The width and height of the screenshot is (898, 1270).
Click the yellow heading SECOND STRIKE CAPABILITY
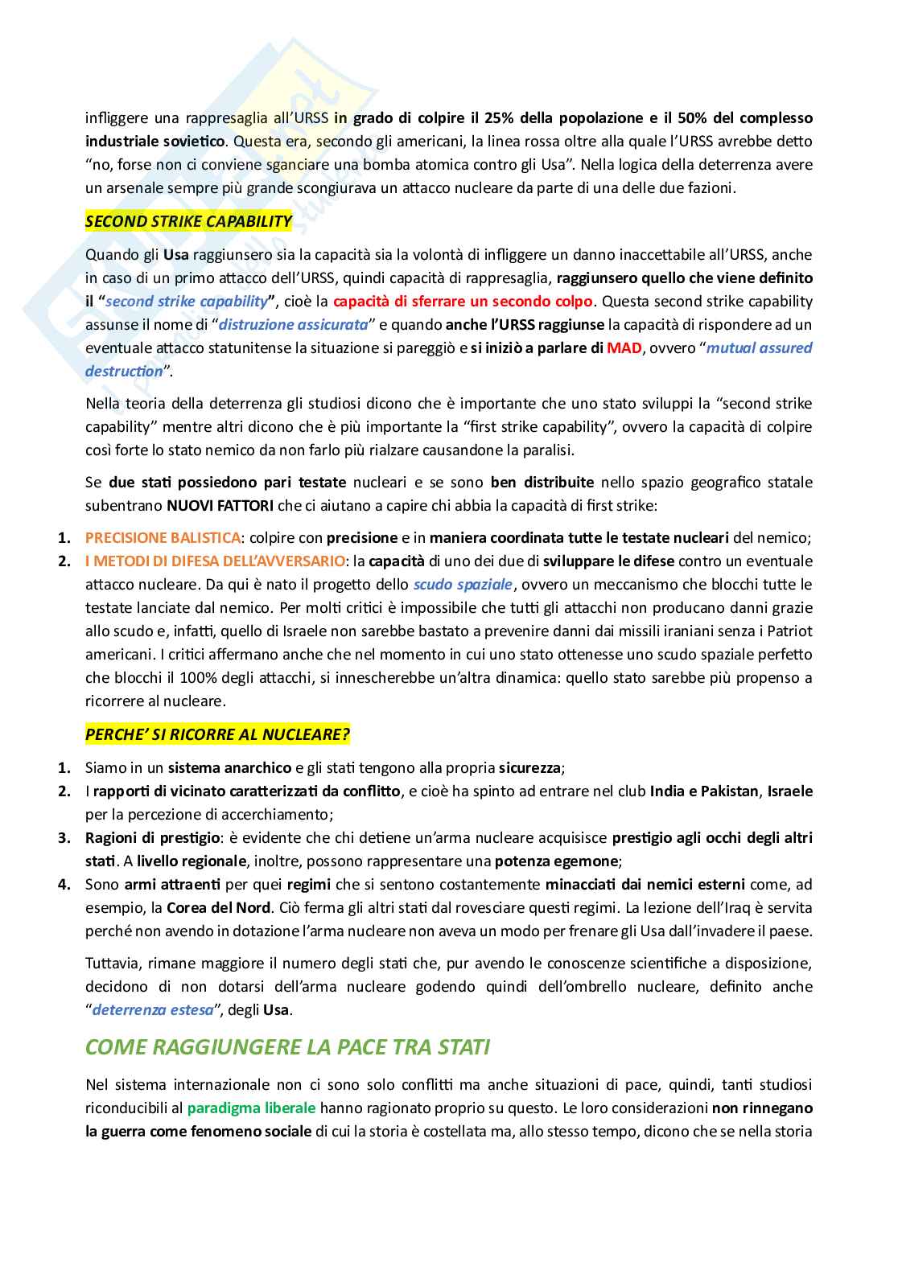click(x=188, y=221)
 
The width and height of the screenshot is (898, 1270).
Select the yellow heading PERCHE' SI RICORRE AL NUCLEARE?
click(x=217, y=734)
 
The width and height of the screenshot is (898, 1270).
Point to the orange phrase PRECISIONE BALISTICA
click(x=163, y=537)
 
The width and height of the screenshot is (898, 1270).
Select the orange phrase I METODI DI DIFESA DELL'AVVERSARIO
click(x=216, y=561)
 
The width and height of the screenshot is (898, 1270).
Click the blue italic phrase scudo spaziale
click(x=463, y=584)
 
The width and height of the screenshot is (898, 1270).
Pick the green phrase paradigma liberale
click(x=251, y=1108)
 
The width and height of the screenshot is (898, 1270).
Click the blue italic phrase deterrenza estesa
click(x=153, y=1009)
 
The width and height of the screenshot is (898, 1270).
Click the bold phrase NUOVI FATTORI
click(x=220, y=506)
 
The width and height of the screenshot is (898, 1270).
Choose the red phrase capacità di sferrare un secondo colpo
click(x=463, y=301)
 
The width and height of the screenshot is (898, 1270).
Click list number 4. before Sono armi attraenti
click(x=64, y=884)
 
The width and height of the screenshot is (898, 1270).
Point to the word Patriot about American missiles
click(x=789, y=631)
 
